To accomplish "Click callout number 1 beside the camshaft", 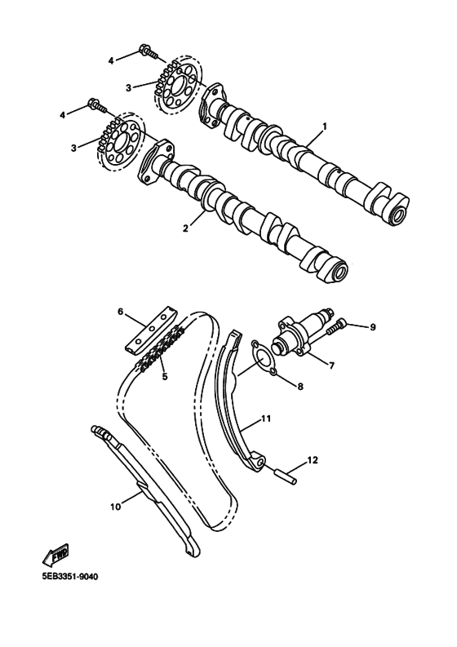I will tap(324, 126).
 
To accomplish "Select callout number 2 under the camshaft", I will tap(186, 228).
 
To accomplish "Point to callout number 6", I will tap(119, 311).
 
